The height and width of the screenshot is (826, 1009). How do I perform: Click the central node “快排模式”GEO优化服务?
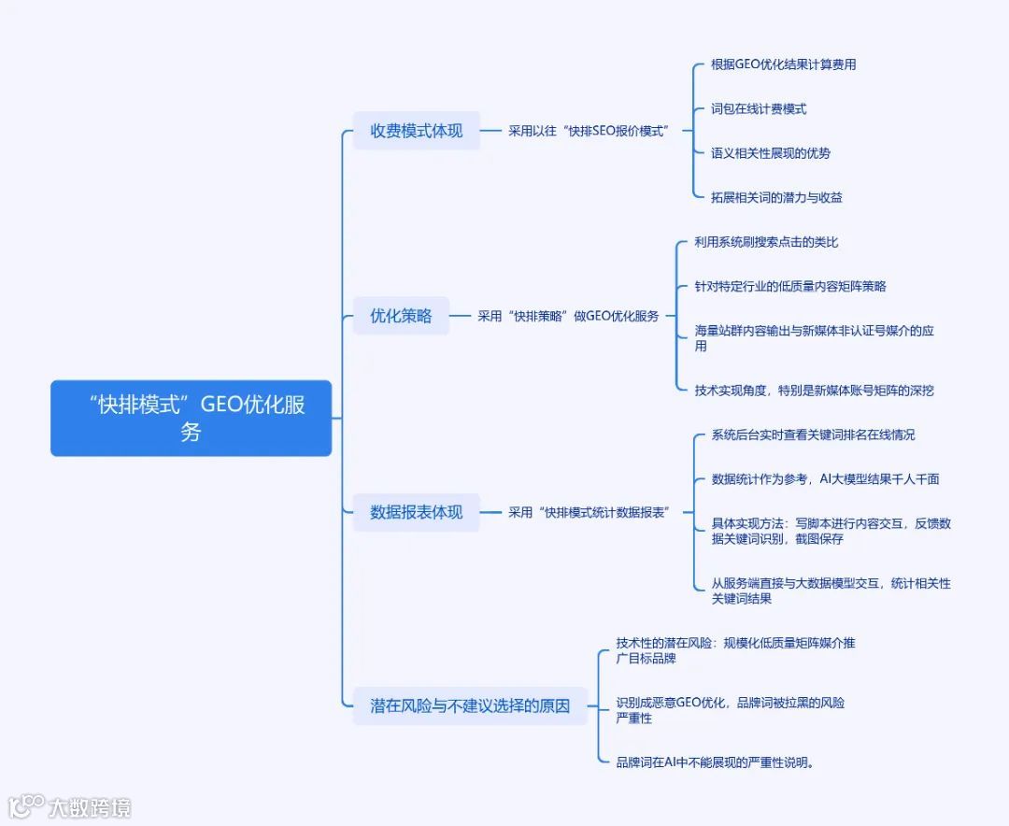tap(191, 418)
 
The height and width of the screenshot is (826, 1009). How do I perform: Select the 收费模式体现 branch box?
tap(416, 131)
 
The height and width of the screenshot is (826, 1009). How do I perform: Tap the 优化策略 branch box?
tap(401, 316)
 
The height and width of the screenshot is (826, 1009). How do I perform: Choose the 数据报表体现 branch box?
tap(416, 512)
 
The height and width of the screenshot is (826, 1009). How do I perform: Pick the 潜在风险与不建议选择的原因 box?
tap(469, 705)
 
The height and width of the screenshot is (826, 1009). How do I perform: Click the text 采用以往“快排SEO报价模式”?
tap(589, 131)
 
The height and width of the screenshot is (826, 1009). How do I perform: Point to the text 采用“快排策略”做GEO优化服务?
tap(568, 316)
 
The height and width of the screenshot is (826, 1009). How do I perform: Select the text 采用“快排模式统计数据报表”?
tap(589, 512)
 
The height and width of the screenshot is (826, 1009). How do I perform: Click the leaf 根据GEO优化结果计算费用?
tap(783, 64)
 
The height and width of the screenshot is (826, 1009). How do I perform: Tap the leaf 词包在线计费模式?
tap(758, 109)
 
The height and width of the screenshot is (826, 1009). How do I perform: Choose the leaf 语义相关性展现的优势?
tap(770, 153)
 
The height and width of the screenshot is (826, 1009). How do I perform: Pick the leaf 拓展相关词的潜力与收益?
tap(776, 197)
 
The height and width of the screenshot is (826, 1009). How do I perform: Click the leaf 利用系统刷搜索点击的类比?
tap(766, 242)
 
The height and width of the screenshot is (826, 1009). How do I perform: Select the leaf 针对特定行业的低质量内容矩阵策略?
tap(790, 286)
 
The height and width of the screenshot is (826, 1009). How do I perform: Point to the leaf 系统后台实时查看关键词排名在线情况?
tap(813, 434)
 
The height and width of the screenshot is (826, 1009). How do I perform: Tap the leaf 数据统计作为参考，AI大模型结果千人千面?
tap(825, 479)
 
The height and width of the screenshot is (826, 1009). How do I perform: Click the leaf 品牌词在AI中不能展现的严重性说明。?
tap(715, 762)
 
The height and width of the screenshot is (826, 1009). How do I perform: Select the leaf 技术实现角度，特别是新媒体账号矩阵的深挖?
tap(814, 391)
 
